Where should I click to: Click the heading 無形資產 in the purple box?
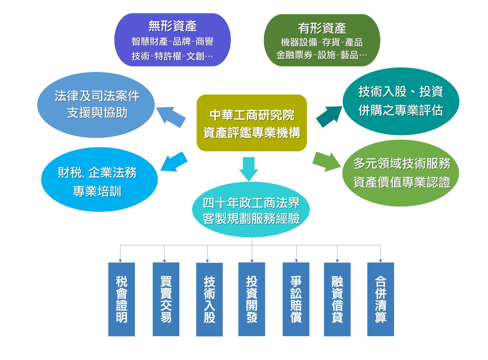coord(172,26)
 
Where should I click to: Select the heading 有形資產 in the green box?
coord(322,28)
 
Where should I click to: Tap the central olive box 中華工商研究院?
coord(252,123)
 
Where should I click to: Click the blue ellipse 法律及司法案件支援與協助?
coord(96,105)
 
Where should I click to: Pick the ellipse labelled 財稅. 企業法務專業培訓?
coord(99,180)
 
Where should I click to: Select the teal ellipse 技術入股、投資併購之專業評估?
coord(401,101)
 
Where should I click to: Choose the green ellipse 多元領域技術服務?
coord(400,173)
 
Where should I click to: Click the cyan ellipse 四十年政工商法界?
coord(251,209)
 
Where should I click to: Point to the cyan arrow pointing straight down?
coord(249,169)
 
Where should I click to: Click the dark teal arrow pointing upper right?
coord(329,116)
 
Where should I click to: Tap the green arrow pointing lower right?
coord(327,162)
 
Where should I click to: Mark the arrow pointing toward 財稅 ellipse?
coord(174,162)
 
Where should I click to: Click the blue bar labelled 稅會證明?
coord(121,299)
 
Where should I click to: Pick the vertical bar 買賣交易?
coord(166,299)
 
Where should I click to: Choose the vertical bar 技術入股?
coord(209,299)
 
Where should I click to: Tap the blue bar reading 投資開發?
coord(252,299)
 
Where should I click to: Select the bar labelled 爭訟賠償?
coord(296,299)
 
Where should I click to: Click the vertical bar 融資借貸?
coord(337,299)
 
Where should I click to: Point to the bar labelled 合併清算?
coord(381,299)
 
